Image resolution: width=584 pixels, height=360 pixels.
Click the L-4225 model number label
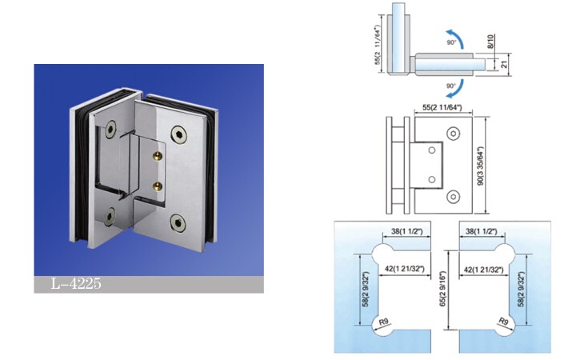coord(76,284)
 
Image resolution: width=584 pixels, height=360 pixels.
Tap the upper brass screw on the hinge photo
coord(158,154)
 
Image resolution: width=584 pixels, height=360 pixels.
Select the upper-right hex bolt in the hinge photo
coord(179,134)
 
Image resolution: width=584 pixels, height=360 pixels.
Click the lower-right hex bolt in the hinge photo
coord(178,222)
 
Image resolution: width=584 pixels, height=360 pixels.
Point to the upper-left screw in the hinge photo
coord(110,129)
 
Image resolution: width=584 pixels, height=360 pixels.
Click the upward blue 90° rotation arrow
coord(456,38)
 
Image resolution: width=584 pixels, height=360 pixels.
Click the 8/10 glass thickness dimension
coord(490,41)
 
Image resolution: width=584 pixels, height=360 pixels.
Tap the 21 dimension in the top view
coord(504,64)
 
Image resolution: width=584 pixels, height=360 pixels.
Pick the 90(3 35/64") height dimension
coord(481,166)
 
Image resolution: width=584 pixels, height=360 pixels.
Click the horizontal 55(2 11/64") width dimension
coord(442,107)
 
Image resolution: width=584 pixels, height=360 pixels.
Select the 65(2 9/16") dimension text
coord(443,289)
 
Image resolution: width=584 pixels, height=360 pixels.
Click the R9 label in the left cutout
coord(383,322)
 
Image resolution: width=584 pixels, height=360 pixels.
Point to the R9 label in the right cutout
coord(503,322)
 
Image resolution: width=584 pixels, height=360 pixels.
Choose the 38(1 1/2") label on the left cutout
coord(406,231)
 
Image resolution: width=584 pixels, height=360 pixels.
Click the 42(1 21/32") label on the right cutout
coord(483,269)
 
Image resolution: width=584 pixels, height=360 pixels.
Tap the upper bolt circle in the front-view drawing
coord(454,134)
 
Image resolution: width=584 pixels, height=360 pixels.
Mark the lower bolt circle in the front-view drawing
coord(454,197)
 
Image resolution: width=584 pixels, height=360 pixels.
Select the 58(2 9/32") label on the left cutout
coord(366,290)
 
